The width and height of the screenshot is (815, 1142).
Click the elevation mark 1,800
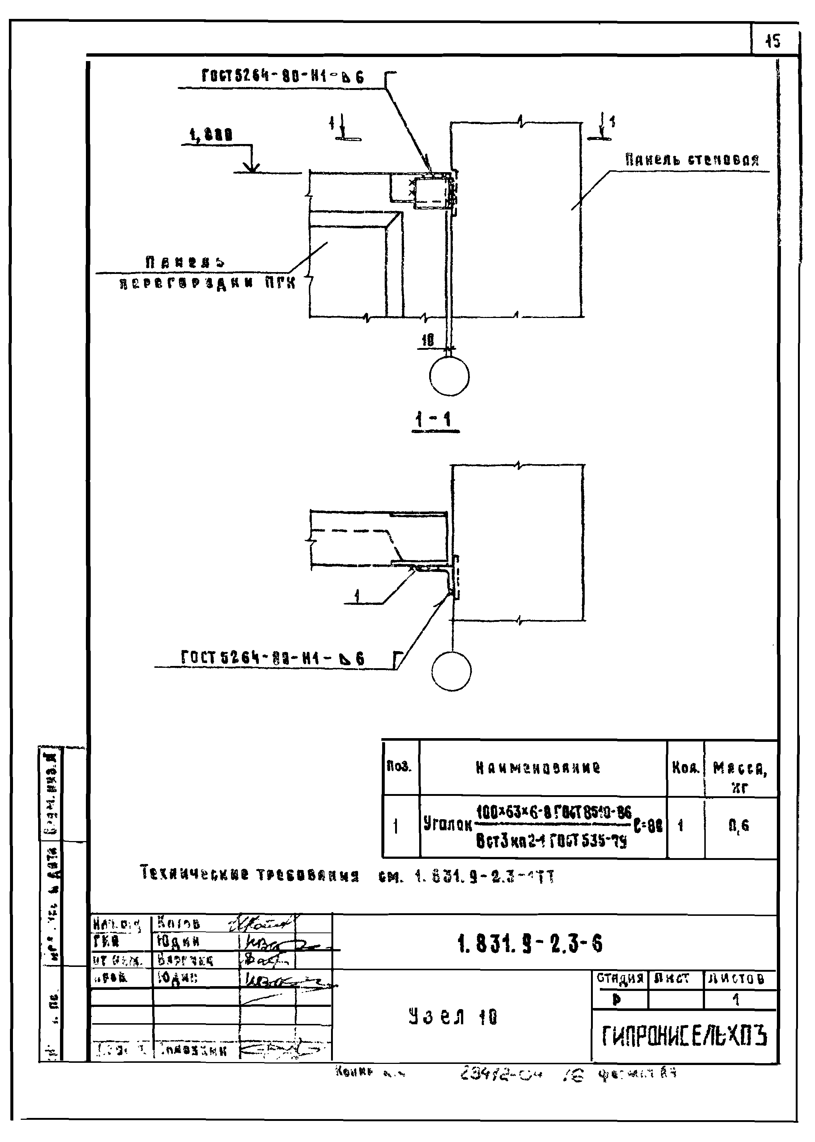coord(211,135)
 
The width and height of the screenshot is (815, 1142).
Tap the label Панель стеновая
coord(692,160)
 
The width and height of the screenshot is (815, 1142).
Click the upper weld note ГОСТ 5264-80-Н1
coord(283,77)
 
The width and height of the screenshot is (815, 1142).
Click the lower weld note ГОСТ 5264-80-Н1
coord(273,658)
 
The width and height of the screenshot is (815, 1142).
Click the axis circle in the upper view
coord(449,376)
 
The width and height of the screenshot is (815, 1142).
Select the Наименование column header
coord(538,768)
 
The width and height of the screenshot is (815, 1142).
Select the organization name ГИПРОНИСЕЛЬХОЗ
coord(684,1036)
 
